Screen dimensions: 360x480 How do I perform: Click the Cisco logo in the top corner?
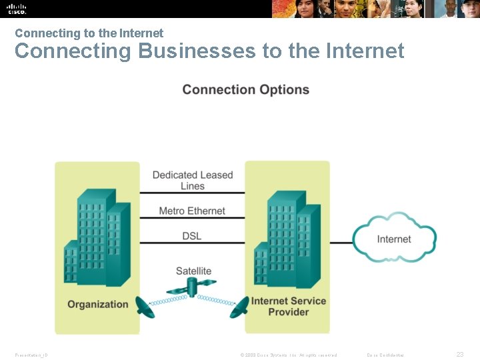17,8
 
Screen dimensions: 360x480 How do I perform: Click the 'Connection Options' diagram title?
245,90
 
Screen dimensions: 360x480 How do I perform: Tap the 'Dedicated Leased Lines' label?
193,180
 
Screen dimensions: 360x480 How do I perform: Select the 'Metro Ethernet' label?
192,211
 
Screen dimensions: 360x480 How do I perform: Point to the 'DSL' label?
192,236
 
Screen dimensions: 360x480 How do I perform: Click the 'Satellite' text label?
193,271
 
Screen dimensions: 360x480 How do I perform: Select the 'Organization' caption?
97,304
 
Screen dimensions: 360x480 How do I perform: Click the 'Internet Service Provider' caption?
289,306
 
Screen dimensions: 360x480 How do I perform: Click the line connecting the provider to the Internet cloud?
341,243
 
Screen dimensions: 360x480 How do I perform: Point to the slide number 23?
460,355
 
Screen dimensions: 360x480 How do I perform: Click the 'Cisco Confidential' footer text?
385,355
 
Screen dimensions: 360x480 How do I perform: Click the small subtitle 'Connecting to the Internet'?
89,33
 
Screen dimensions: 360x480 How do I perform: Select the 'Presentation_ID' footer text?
31,355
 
